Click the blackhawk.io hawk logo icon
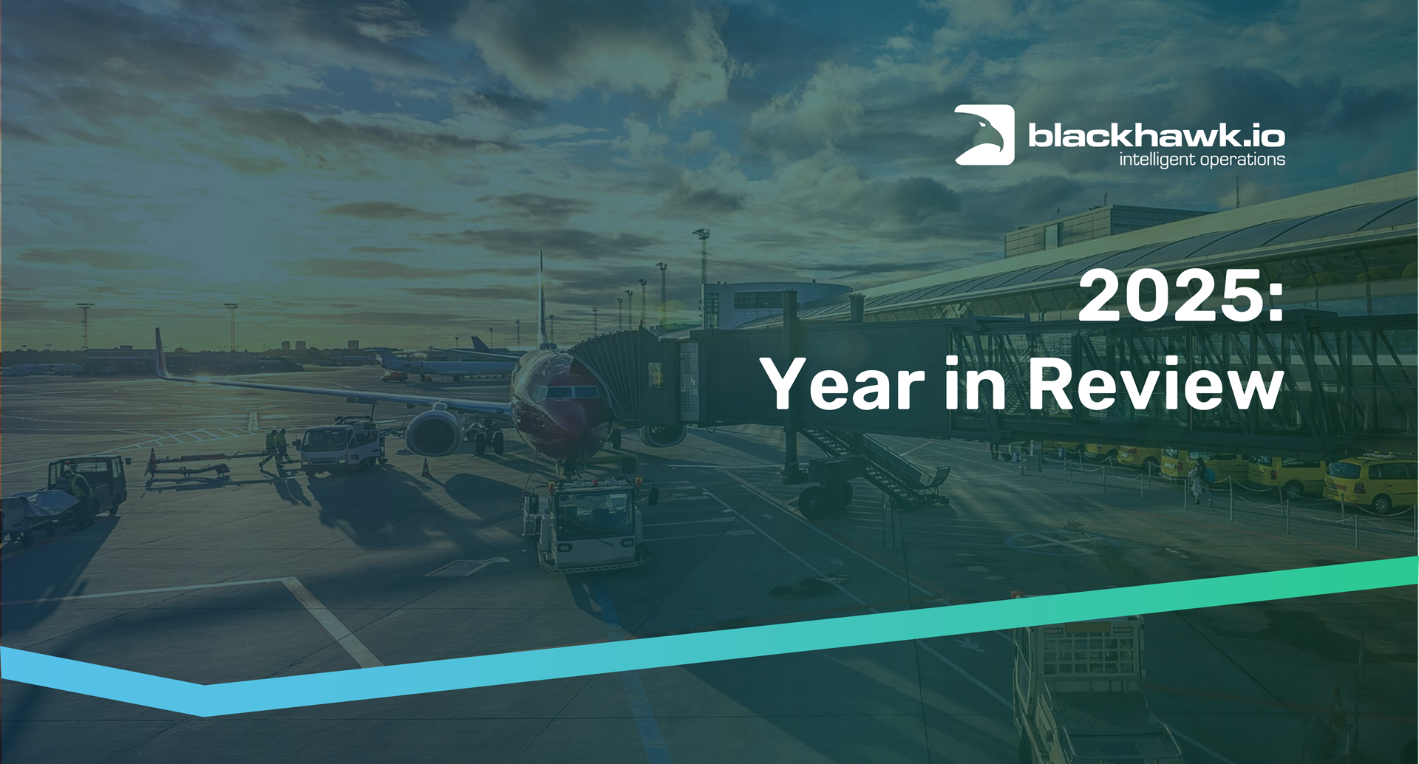coord(984,134)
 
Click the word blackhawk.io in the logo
coord(1157,135)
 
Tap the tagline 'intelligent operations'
coord(1202,160)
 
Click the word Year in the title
coord(843,383)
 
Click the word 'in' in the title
coord(976,383)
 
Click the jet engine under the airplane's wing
coord(434,433)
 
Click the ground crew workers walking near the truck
coord(276,448)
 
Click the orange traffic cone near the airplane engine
coord(426,468)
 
